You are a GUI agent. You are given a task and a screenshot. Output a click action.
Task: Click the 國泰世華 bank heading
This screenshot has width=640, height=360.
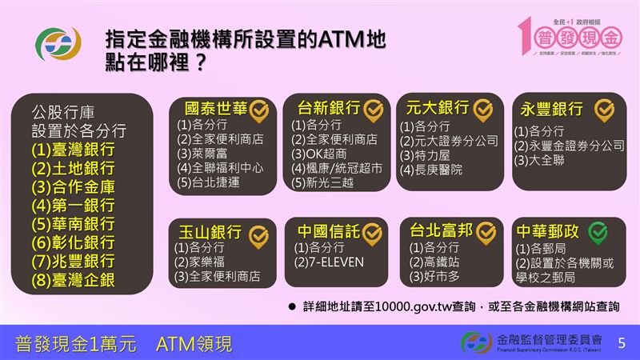tap(216, 107)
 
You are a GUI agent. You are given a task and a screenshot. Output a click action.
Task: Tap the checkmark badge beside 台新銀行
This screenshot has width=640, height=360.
tap(374, 108)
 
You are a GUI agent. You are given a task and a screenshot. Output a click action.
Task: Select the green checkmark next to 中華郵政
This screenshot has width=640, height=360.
tap(597, 232)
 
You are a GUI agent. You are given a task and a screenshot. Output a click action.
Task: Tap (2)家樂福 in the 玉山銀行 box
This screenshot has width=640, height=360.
tap(205, 262)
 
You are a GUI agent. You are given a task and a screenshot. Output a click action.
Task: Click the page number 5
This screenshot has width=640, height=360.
tap(622, 343)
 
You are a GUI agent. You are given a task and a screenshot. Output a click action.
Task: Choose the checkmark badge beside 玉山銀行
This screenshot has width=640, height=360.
tap(257, 234)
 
